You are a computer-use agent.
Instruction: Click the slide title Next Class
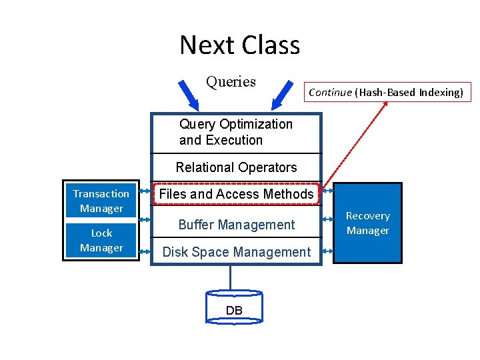tap(239, 45)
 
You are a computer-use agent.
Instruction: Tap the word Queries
tap(231, 82)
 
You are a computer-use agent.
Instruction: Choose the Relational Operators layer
tap(236, 167)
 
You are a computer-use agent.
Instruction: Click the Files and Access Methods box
tap(236, 194)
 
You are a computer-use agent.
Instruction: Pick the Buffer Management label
tap(236, 225)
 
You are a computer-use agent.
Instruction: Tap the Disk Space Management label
tap(237, 252)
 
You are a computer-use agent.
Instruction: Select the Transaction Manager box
tap(101, 201)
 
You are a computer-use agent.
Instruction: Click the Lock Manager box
tap(101, 240)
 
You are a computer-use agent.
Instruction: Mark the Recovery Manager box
tap(367, 223)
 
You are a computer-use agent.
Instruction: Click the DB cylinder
tap(234, 307)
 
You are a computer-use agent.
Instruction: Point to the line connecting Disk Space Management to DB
tap(231, 277)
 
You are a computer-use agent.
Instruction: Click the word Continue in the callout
tap(329, 92)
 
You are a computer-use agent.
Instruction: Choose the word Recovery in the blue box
tap(367, 216)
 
